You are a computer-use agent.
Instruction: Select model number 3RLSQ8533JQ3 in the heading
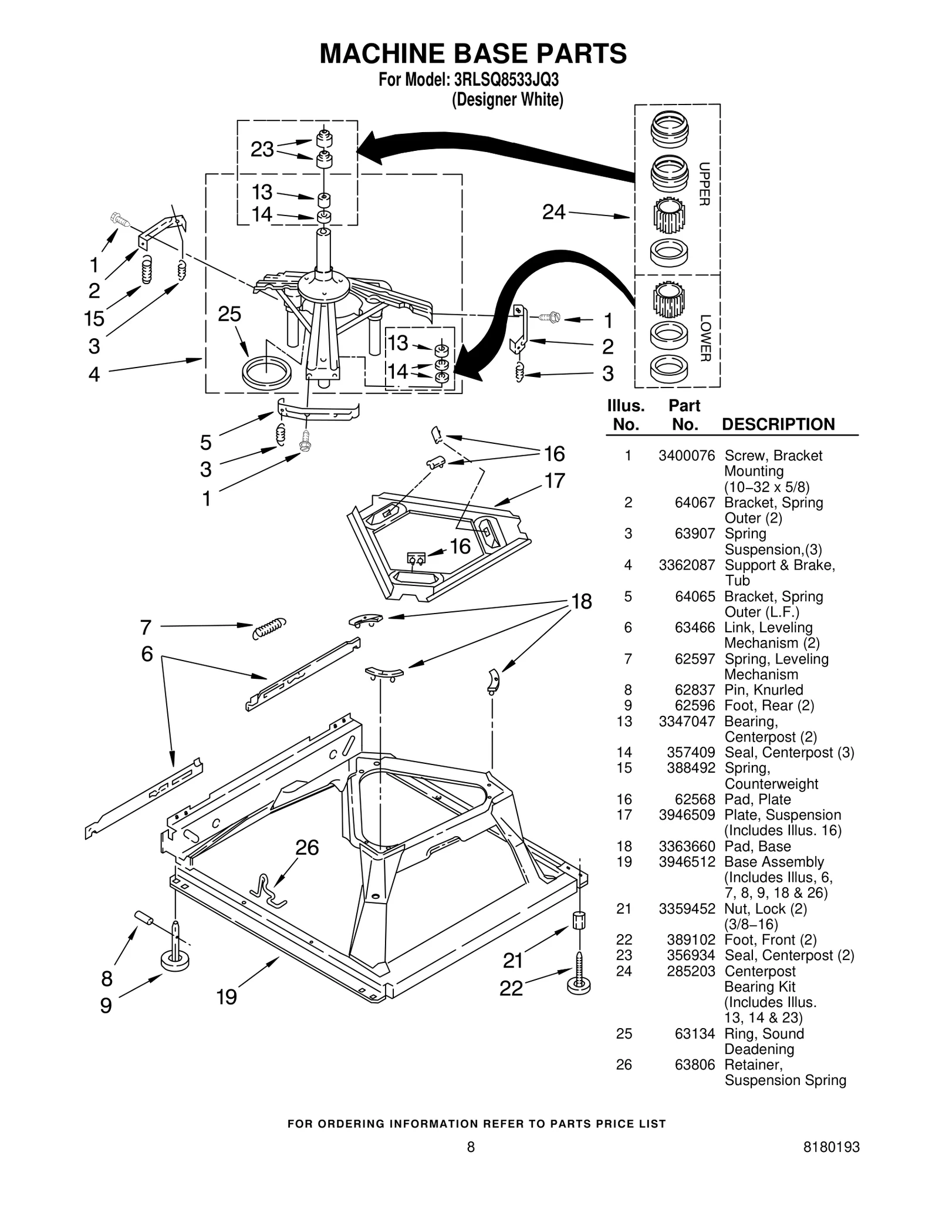(503, 80)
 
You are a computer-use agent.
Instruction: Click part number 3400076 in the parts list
(687, 456)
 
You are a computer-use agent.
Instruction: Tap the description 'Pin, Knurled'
(764, 690)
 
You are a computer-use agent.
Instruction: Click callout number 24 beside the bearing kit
(553, 212)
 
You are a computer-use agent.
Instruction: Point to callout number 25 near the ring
(229, 315)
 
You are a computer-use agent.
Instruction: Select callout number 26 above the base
(306, 848)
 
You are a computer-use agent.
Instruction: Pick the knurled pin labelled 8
(144, 918)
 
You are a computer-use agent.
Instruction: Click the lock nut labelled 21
(578, 920)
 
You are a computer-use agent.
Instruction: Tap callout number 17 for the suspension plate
(555, 481)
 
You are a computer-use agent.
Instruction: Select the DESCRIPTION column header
(778, 425)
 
